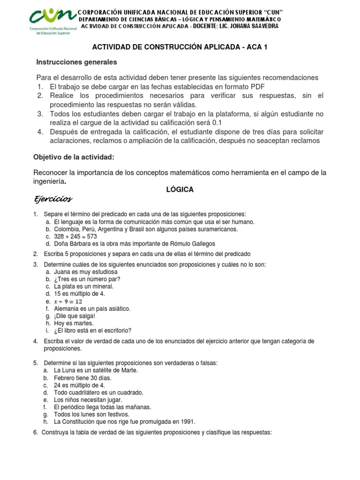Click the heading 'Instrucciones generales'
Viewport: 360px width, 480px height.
[x=77, y=62]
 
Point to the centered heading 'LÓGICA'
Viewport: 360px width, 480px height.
[x=180, y=190]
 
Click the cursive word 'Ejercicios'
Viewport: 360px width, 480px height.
[x=53, y=199]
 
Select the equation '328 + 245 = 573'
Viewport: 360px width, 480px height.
[x=75, y=237]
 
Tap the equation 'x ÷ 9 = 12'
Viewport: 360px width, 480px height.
[x=68, y=301]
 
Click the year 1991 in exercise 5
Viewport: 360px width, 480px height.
[x=187, y=421]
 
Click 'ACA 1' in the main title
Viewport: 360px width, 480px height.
[x=257, y=48]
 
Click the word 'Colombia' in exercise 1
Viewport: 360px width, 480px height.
[x=66, y=229]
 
